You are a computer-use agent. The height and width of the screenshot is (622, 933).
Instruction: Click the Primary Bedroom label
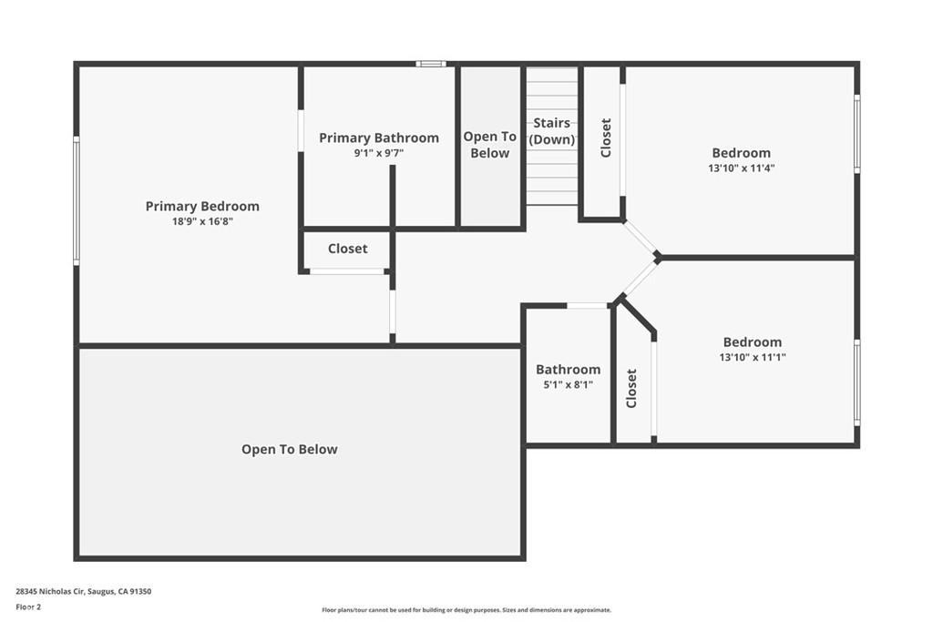[202, 207]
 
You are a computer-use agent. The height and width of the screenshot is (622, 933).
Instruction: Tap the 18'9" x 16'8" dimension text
[202, 222]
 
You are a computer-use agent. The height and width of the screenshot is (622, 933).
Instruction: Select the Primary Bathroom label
[379, 138]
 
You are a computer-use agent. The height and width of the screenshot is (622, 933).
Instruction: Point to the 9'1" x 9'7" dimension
[379, 153]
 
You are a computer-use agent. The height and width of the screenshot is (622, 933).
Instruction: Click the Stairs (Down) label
[551, 131]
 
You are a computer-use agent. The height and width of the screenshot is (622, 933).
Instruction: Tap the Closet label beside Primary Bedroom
[347, 249]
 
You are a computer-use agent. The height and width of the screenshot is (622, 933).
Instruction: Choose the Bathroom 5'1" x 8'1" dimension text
[569, 384]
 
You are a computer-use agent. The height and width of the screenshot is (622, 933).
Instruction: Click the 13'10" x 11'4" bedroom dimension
[742, 168]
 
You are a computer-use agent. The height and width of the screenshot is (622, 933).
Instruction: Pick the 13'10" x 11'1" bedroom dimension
[753, 357]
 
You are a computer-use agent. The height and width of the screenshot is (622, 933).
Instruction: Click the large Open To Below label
[289, 450]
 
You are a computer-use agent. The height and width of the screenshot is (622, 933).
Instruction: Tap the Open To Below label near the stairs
[489, 145]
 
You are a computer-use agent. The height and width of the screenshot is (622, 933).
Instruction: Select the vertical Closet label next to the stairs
[606, 138]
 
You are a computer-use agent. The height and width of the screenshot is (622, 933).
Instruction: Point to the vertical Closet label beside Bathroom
[631, 388]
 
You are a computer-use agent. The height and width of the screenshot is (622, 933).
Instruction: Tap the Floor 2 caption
[28, 607]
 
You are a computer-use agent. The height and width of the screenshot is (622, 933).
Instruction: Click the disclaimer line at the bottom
[466, 610]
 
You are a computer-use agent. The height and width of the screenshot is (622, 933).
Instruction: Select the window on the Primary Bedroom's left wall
[77, 200]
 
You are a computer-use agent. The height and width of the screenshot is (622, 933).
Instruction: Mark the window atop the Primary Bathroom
[431, 64]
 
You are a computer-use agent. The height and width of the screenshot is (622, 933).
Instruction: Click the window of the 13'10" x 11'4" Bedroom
[856, 134]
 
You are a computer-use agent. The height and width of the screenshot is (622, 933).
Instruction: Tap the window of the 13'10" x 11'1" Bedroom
[856, 382]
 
